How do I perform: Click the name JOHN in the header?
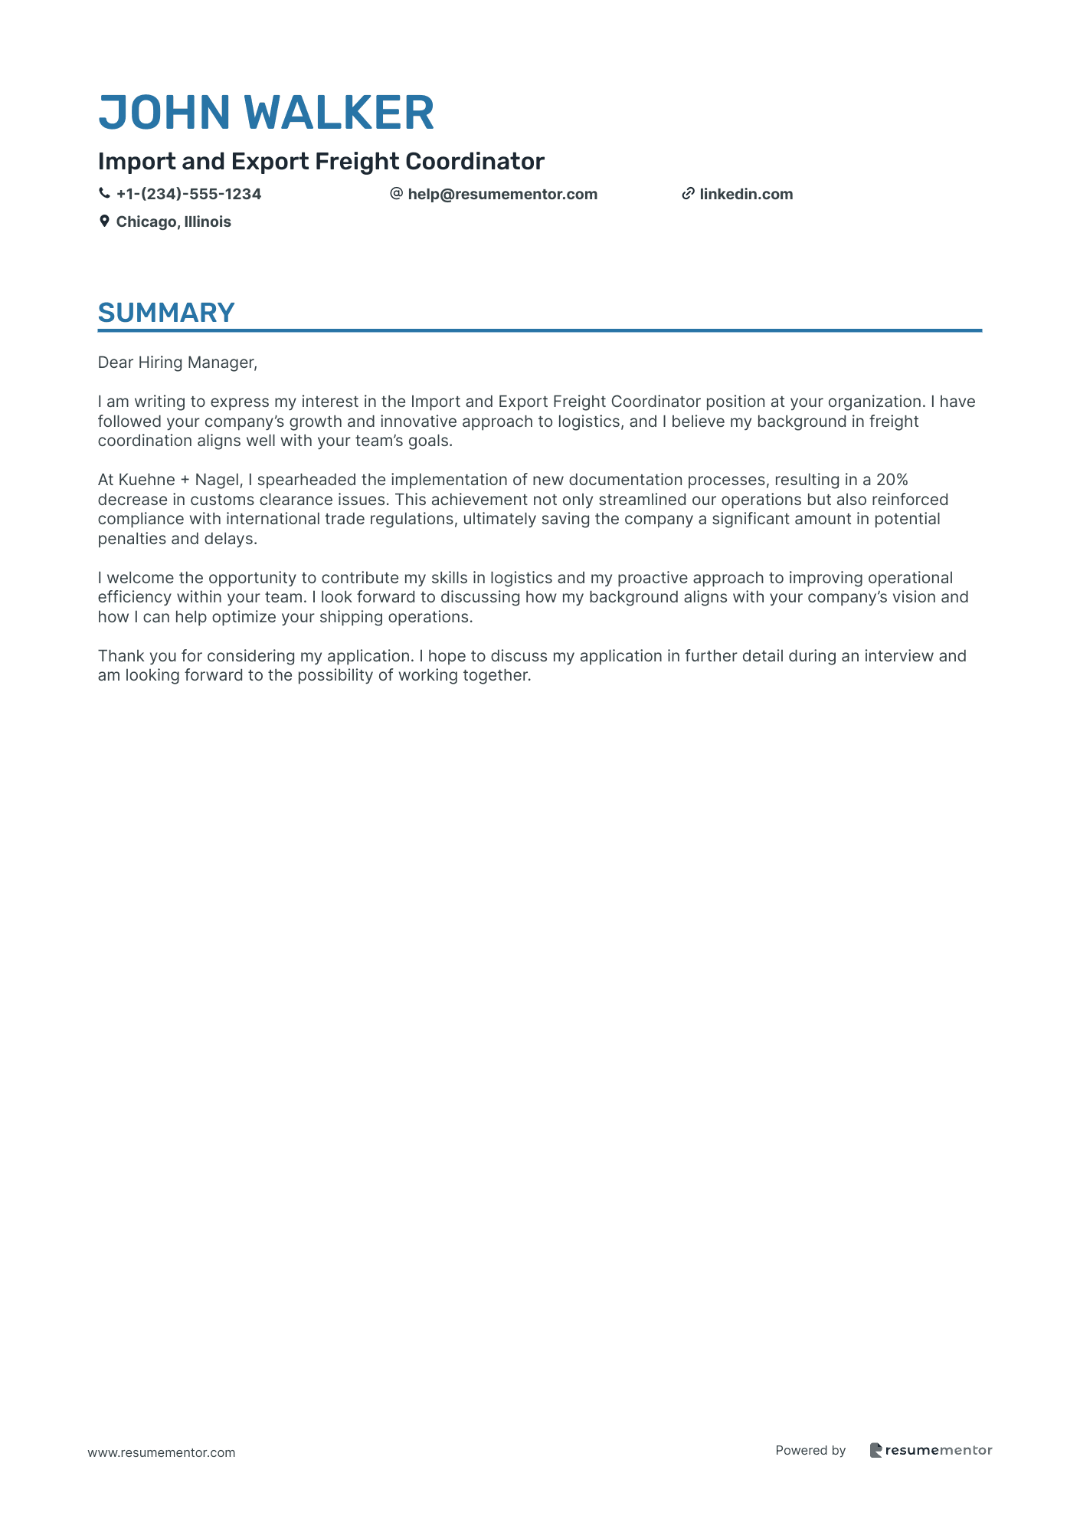pos(165,113)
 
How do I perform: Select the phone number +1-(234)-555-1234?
pos(188,194)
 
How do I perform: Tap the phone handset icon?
pos(104,194)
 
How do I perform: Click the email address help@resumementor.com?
pos(502,194)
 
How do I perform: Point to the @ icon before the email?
pos(396,194)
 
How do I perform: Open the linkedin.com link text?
pos(746,194)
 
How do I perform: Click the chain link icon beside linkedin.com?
pos(688,194)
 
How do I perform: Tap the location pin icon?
pos(104,221)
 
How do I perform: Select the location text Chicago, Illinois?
pos(173,221)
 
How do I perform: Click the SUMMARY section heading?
pos(166,313)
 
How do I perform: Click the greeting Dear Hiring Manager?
pos(177,363)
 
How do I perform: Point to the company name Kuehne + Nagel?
pos(179,480)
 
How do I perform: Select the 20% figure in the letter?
pos(892,480)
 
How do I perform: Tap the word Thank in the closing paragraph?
pos(118,656)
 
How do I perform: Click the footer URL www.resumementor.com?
pos(162,1452)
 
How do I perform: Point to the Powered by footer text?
pos(810,1450)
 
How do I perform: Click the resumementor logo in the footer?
pos(931,1450)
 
